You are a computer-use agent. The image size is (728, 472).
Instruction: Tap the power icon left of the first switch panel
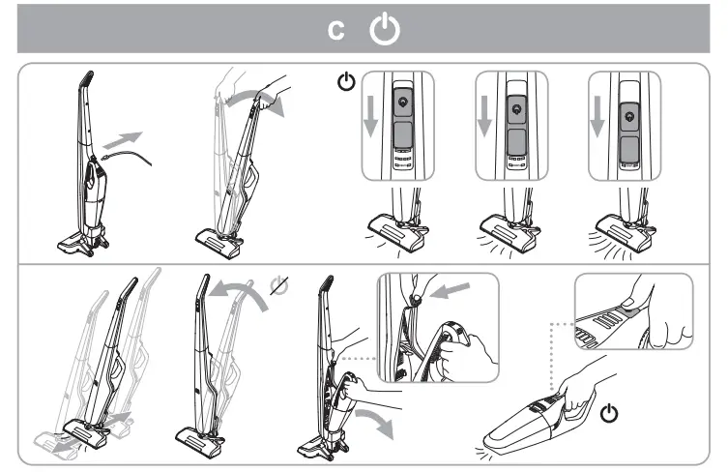344,83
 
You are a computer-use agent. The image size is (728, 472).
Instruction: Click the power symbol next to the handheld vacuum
609,414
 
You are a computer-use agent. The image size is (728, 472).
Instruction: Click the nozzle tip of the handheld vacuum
493,441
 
